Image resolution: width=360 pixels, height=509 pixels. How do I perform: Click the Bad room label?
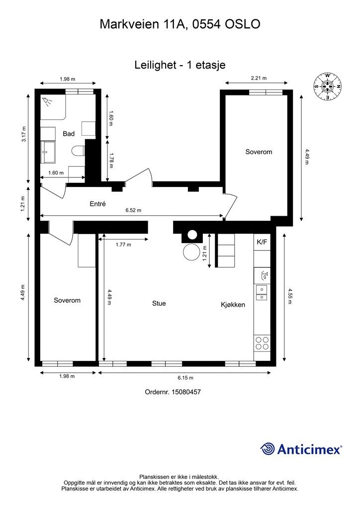(69, 133)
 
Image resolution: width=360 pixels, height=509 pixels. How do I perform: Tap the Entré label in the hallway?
(98, 204)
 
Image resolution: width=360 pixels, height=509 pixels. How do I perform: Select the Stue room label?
(159, 303)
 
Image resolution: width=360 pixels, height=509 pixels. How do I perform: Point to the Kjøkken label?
(233, 305)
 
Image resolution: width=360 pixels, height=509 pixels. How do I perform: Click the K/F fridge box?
(262, 242)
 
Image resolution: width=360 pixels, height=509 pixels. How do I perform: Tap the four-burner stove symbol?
(262, 343)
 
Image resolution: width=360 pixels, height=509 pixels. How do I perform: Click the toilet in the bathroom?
(79, 151)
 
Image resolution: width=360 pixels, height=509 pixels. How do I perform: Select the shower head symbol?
(48, 101)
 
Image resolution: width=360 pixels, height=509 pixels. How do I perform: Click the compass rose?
(328, 86)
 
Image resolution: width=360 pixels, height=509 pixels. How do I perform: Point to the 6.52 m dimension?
(133, 210)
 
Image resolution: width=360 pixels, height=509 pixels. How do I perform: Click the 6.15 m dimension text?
(185, 378)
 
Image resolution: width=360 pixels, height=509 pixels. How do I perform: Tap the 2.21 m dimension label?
(259, 78)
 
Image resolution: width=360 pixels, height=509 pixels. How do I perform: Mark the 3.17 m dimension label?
(23, 134)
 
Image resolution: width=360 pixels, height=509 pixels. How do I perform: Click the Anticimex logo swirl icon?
(268, 449)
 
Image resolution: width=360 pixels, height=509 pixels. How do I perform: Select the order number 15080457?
(186, 392)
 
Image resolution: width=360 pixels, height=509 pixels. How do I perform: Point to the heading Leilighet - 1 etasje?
(180, 65)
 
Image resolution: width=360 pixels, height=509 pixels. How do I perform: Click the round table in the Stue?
(191, 252)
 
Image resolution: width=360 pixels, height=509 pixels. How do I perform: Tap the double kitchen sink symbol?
(262, 292)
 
